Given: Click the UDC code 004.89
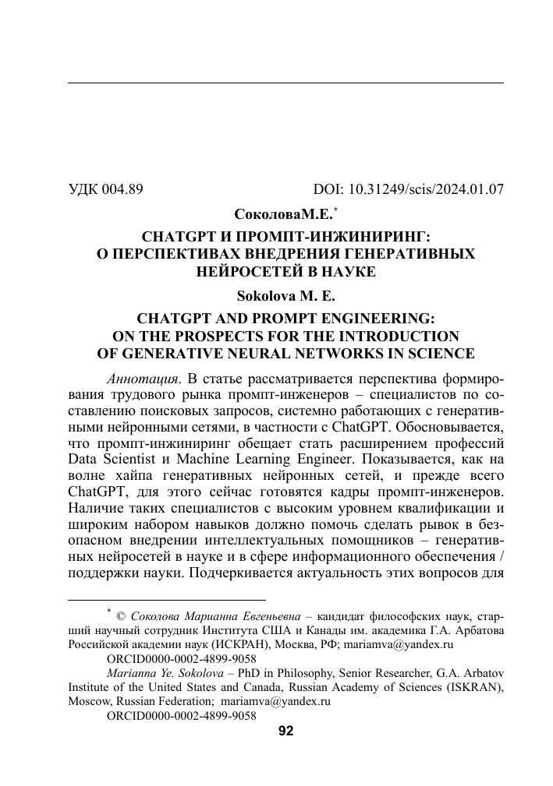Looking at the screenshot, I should (x=121, y=189).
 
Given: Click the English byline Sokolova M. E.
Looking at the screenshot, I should (x=285, y=296).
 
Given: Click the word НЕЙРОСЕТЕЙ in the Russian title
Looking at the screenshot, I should (x=245, y=272).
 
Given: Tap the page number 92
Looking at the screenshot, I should (x=285, y=730).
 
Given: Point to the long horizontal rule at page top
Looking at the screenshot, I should (x=285, y=83).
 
